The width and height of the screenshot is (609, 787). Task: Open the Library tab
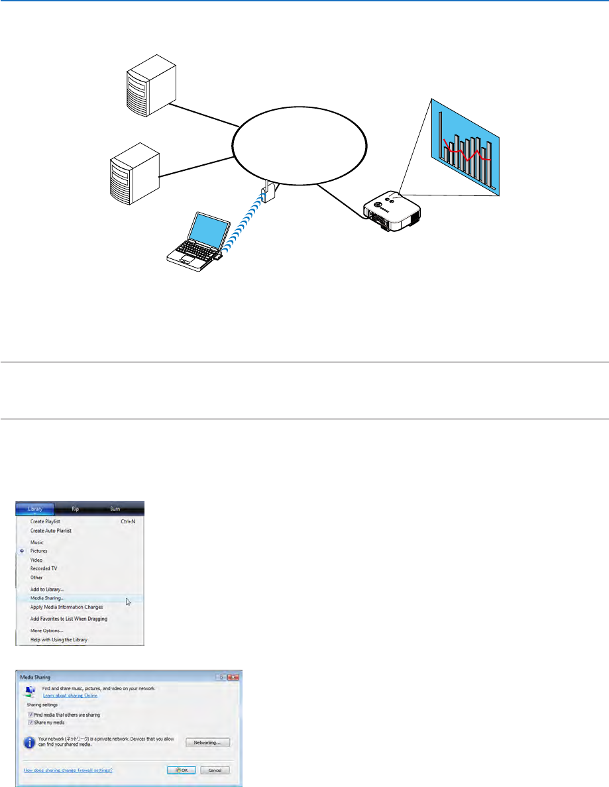[36, 509]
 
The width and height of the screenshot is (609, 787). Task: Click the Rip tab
[75, 509]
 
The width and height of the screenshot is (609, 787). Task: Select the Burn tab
[115, 509]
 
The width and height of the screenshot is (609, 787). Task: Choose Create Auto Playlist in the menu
[51, 531]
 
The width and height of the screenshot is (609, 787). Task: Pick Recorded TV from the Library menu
[44, 568]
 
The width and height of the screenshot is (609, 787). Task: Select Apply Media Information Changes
[66, 607]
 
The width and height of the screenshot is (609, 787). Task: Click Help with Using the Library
[58, 640]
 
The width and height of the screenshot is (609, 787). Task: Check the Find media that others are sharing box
[30, 715]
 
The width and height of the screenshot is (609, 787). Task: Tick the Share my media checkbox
[30, 723]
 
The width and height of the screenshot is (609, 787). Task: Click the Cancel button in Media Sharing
[215, 770]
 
